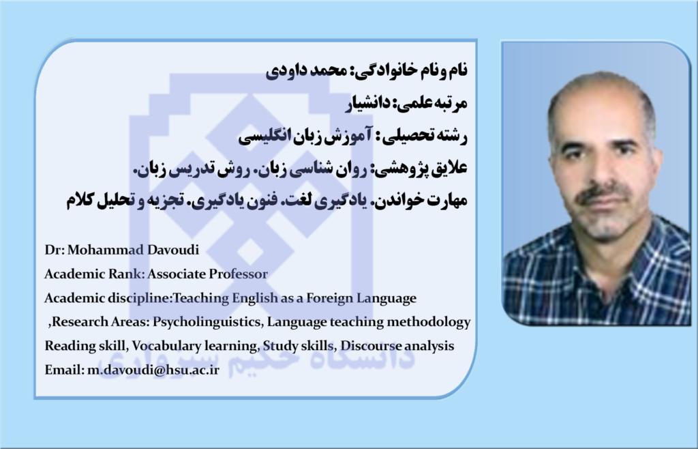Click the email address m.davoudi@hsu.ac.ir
coord(153,370)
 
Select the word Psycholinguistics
coord(207,322)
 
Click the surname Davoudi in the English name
coord(172,250)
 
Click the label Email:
coord(64,370)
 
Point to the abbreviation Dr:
coord(55,250)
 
